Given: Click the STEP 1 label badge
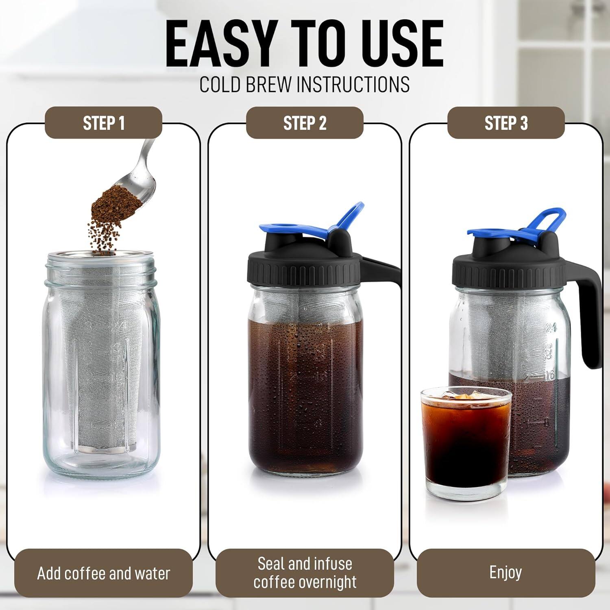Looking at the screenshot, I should click(x=103, y=123).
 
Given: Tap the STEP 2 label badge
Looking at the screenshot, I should click(x=305, y=123).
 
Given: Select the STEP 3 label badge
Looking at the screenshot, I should click(x=506, y=123).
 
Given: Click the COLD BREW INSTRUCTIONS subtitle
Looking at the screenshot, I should click(x=305, y=84).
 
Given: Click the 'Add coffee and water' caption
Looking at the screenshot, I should click(x=103, y=573).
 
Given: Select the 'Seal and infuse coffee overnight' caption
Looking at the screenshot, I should click(x=305, y=573).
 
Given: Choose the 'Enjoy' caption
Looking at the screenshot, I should click(x=505, y=573).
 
